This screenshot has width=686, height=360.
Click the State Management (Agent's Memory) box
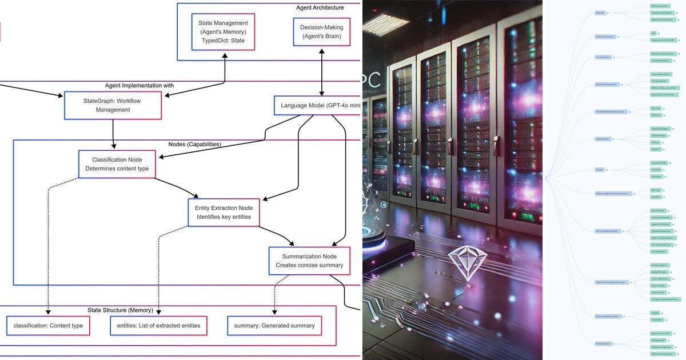click(x=223, y=32)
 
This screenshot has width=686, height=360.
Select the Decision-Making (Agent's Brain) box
click(x=321, y=32)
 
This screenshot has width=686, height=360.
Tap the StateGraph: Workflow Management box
click(x=113, y=105)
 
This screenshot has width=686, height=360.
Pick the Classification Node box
click(x=117, y=164)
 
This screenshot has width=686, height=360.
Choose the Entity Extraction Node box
click(x=224, y=213)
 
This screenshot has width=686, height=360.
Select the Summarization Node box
click(x=309, y=261)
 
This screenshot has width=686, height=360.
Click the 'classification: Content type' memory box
click(x=49, y=326)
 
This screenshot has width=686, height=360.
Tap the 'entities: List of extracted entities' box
click(x=158, y=326)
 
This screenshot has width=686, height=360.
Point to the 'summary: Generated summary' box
click(x=274, y=326)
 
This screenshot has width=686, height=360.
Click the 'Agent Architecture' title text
click(x=320, y=7)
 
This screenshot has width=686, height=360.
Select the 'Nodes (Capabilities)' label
click(x=194, y=144)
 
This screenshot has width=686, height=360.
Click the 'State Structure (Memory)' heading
click(x=120, y=310)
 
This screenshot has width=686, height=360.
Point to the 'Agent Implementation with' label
click(x=139, y=85)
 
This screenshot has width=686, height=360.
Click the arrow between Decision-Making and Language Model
click(x=322, y=71)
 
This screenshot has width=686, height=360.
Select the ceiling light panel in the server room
click(x=385, y=23)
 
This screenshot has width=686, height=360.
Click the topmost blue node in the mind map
click(x=600, y=13)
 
